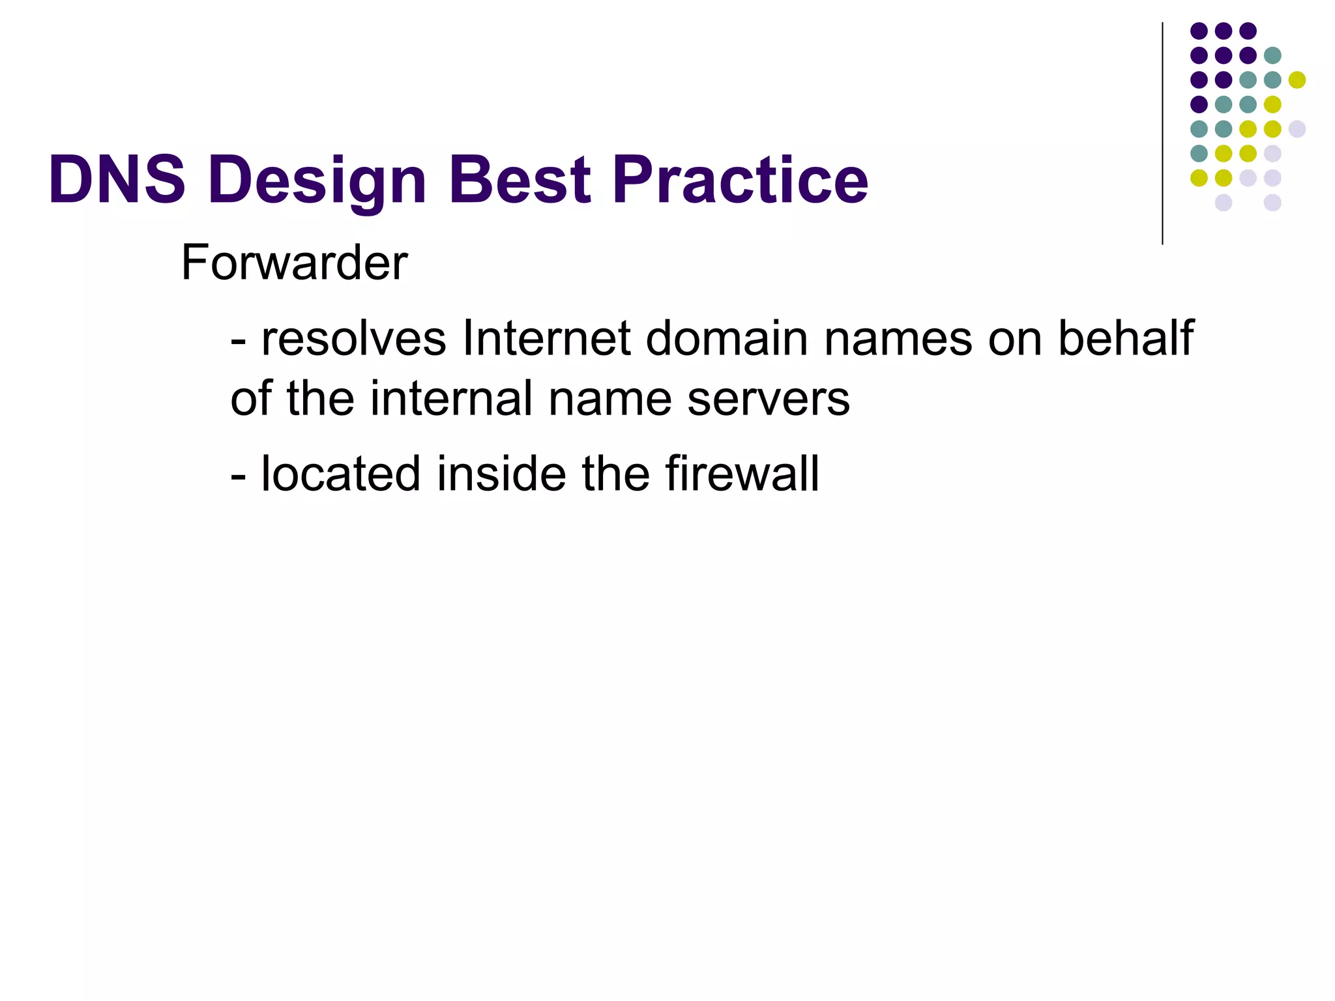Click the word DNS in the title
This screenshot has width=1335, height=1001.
[x=117, y=179]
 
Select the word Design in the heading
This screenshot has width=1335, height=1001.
[x=318, y=181]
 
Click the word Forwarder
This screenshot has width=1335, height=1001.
[x=294, y=263]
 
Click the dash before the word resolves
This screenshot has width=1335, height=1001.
[x=239, y=341]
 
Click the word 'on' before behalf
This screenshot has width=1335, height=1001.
[x=1014, y=340]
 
